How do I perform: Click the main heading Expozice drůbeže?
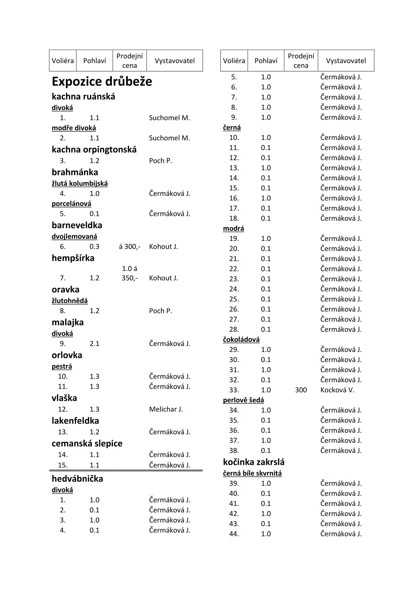tap(102, 82)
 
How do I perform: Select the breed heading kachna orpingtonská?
tap(94, 150)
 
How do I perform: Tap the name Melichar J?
tap(166, 409)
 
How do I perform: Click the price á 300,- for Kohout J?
tap(130, 246)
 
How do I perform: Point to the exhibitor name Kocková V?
tap(337, 390)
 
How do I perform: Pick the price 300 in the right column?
tap(301, 390)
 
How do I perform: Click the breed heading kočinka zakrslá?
tap(254, 462)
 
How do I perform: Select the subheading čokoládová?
tap(241, 339)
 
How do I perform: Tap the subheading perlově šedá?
tap(243, 400)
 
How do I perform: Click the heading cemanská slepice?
tap(87, 443)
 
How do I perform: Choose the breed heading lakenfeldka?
tap(75, 421)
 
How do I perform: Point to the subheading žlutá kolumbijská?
tap(80, 183)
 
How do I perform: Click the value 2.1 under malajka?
tap(94, 344)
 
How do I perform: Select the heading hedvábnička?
tap(77, 479)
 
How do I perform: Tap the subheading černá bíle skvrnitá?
tap(252, 473)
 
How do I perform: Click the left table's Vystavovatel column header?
tap(175, 61)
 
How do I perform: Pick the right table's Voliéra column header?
tap(234, 61)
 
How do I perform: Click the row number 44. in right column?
tap(234, 534)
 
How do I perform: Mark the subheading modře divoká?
tap(74, 128)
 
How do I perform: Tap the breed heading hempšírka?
tap(73, 258)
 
